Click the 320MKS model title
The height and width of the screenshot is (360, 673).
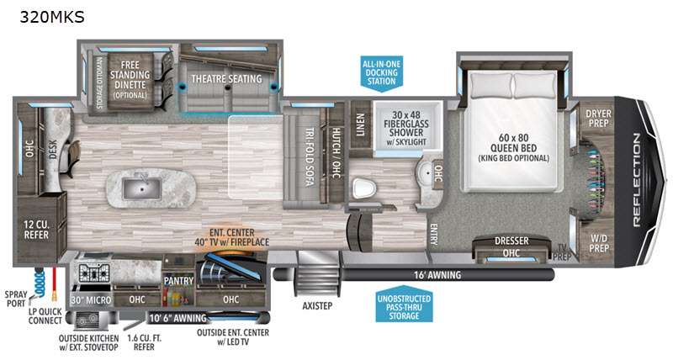(52, 17)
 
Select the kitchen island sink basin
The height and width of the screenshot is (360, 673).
(142, 188)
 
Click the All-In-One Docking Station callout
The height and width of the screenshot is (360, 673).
(382, 72)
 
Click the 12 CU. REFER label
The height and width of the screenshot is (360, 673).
(36, 230)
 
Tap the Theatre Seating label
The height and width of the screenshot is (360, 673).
(226, 79)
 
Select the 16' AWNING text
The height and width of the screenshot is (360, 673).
(437, 274)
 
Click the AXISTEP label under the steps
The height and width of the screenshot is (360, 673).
(317, 306)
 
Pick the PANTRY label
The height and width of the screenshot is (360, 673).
(178, 281)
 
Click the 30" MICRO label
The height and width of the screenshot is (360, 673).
(91, 300)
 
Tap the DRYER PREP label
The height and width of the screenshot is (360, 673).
(598, 119)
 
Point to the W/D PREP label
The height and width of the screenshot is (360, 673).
(599, 243)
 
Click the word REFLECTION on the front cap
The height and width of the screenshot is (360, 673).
(636, 180)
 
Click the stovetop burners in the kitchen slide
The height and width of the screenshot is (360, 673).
(93, 273)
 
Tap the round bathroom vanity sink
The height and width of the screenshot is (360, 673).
(427, 174)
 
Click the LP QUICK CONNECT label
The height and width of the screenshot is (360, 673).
(45, 316)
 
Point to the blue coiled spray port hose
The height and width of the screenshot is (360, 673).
(40, 283)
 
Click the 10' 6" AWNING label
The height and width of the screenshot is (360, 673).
(178, 318)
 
